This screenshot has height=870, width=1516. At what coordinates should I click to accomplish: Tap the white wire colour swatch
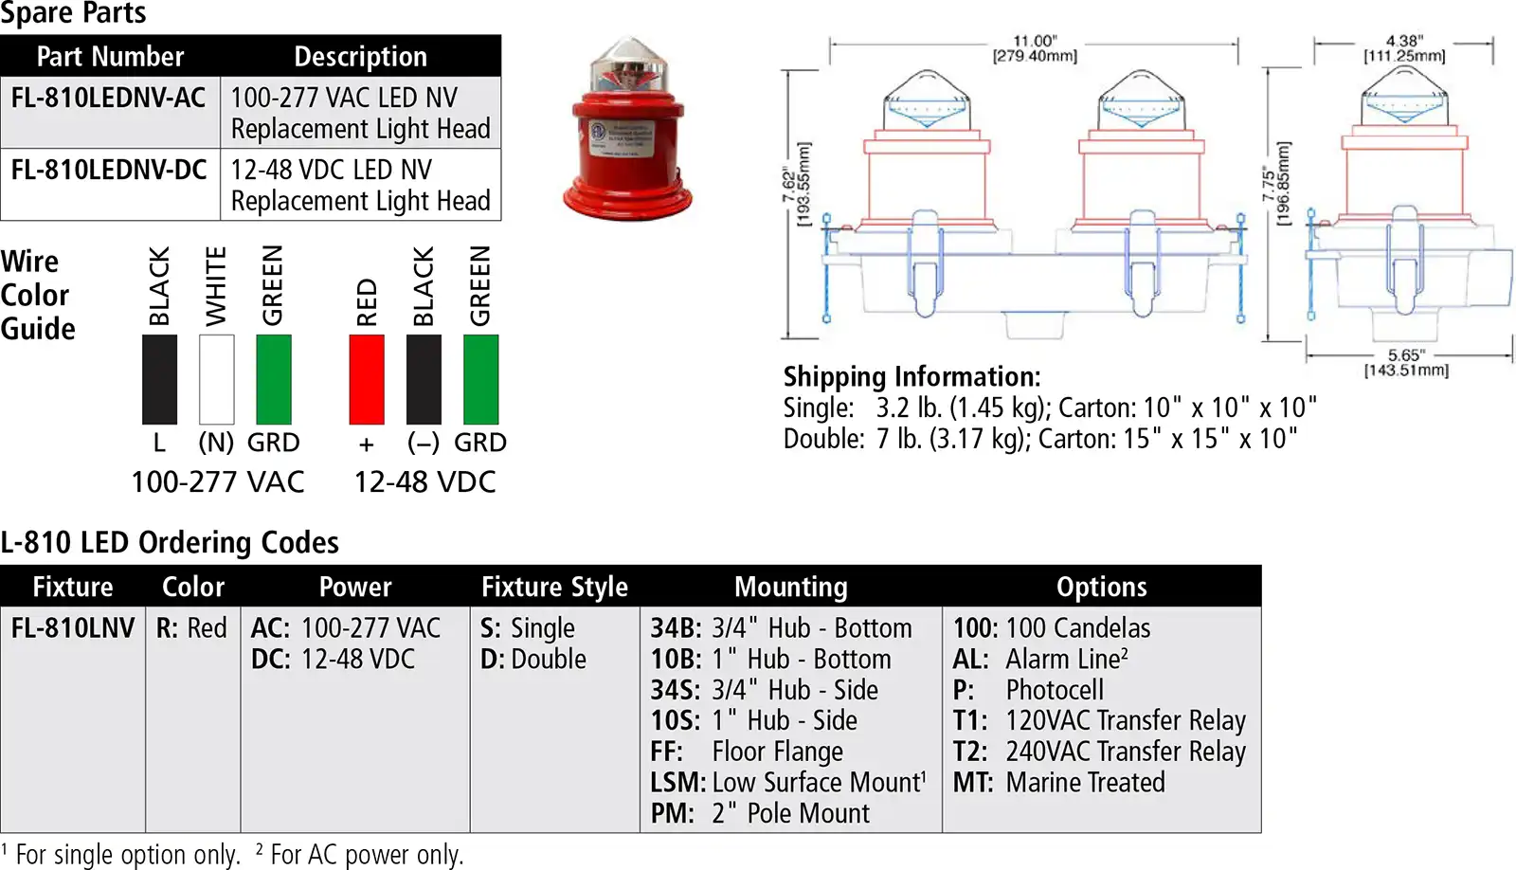217,379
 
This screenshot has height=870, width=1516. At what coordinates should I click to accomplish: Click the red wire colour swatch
367,379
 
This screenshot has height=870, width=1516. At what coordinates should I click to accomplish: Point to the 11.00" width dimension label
1035,48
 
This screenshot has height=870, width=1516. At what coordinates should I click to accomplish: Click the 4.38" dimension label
1404,48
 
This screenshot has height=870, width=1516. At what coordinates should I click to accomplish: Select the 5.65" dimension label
1406,363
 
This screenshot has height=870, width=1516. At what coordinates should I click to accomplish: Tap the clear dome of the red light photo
628,67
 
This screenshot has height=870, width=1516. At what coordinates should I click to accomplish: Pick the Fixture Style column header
554,587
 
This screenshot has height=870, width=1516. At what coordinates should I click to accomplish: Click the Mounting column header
791,587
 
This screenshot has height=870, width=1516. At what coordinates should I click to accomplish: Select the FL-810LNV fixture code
73,628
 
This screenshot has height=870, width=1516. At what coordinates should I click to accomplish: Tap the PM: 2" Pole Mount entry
760,813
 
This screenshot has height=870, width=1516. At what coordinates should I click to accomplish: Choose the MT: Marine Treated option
1059,783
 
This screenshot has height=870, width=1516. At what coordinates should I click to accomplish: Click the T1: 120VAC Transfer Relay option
1099,721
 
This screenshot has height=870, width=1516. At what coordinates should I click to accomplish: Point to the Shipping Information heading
912,377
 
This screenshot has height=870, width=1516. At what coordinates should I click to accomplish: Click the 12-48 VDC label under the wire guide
425,482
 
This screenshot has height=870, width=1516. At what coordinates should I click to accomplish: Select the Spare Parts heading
73,13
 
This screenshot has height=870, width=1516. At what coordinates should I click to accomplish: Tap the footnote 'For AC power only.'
367,855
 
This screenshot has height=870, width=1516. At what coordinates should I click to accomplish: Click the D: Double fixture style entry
533,660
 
